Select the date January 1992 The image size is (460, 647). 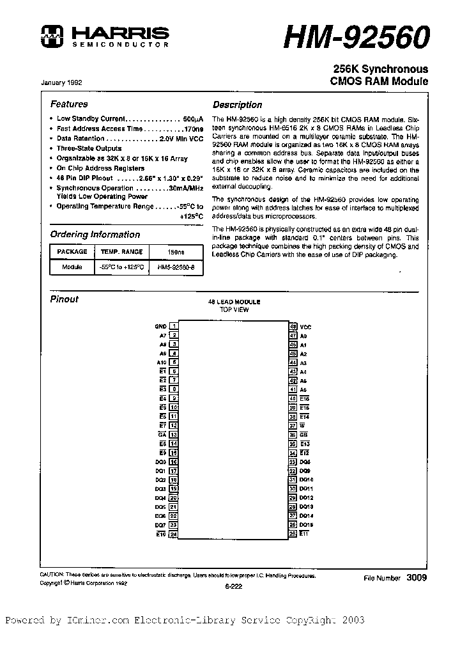point(61,82)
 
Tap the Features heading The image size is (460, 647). point(69,104)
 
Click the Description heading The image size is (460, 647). point(237,105)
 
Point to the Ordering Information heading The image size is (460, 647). point(95,235)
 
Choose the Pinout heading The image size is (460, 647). point(64,299)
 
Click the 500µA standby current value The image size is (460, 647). point(193,119)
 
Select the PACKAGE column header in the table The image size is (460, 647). point(72,252)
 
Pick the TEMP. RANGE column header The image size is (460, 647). point(121,252)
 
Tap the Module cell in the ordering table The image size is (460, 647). point(72,267)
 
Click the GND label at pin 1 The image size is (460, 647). point(160,327)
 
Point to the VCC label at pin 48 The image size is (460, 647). point(305,327)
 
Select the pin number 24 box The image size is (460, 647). point(173,534)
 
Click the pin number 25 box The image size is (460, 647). point(293,534)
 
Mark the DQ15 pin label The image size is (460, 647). point(306,525)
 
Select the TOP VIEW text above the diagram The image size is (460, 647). point(234,309)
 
